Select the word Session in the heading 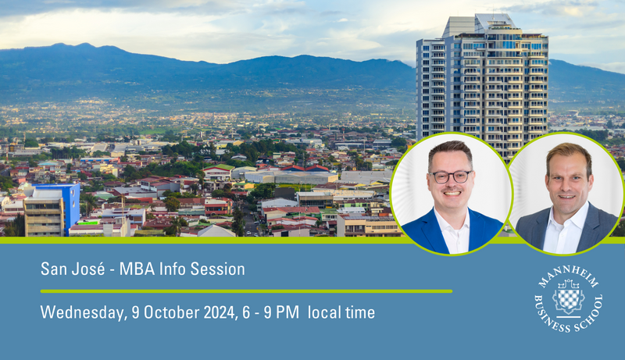click(217, 269)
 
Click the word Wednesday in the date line click(82, 313)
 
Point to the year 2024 click(220, 312)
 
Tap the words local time click(341, 312)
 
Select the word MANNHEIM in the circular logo click(568, 274)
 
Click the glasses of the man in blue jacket click(452, 176)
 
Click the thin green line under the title click(246, 291)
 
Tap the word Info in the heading click(172, 269)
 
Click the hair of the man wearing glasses click(451, 151)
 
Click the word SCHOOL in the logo click(591, 316)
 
